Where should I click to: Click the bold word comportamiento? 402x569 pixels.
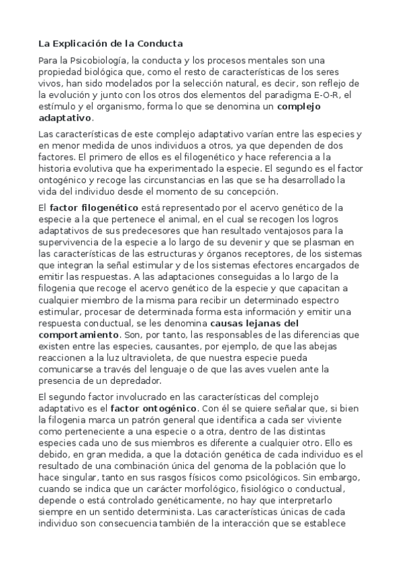point(79,333)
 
